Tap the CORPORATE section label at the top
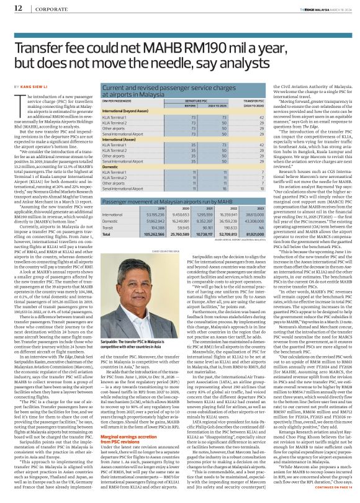tap(48, 9)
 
